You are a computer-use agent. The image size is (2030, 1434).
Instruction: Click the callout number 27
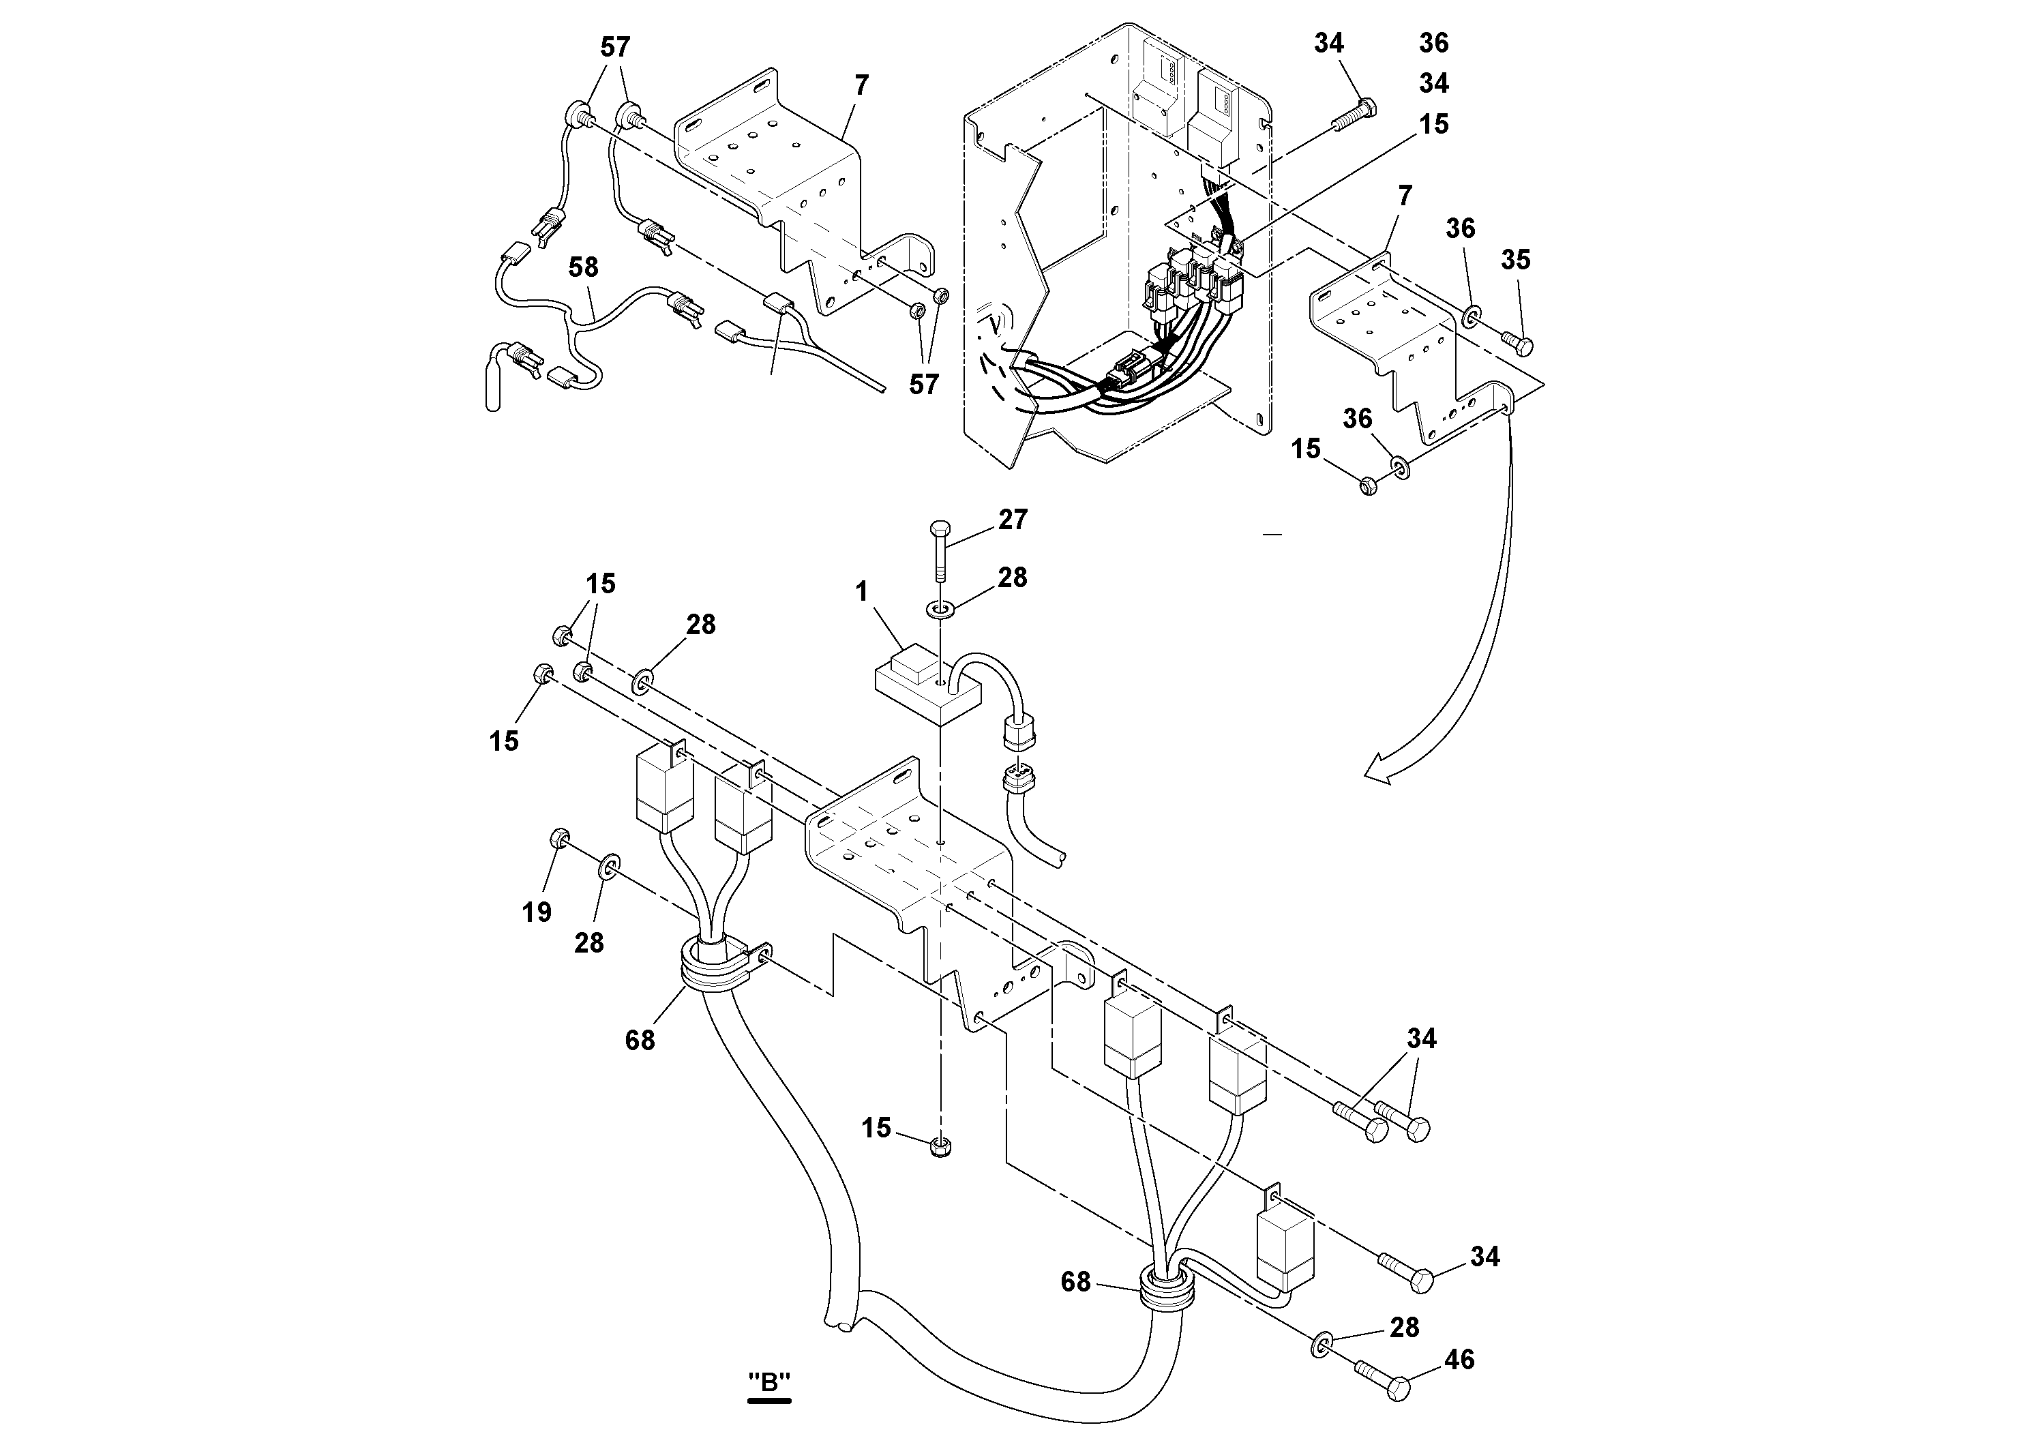coord(1013,519)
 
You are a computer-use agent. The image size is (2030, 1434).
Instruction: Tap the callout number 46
coord(1460,1359)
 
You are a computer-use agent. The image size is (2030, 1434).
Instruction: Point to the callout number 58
coord(584,267)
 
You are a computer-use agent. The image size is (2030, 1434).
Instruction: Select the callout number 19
coord(537,912)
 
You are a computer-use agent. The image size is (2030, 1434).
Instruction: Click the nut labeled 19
coord(558,838)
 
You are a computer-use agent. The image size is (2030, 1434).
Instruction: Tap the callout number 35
coord(1515,260)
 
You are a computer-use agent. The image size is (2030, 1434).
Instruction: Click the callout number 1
coord(862,591)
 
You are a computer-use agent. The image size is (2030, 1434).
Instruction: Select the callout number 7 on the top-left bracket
coord(861,86)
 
